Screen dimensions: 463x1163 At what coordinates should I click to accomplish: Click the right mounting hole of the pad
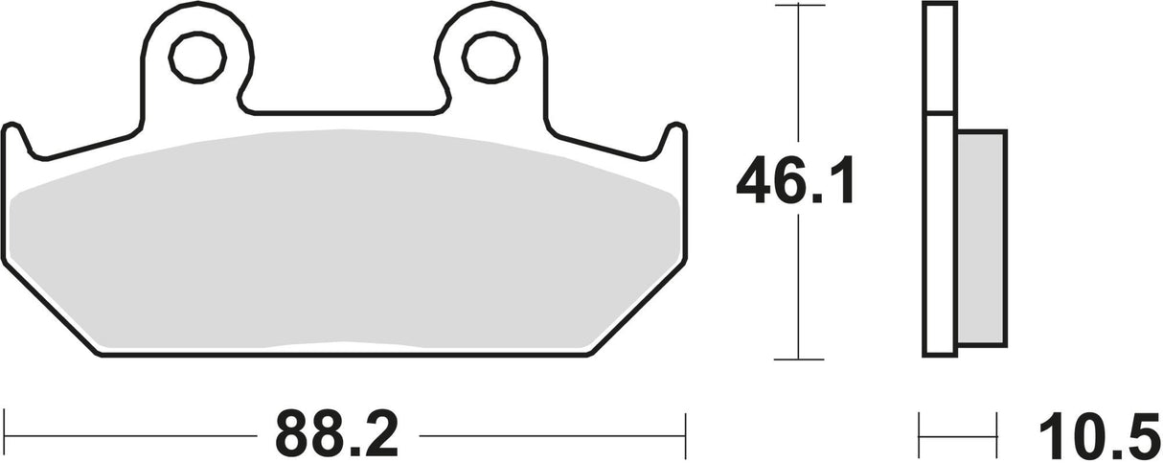[x=487, y=58]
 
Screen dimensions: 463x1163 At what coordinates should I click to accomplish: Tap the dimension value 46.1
[x=794, y=183]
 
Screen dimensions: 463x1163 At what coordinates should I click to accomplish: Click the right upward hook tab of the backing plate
[x=673, y=136]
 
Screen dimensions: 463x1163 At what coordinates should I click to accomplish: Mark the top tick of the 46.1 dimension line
[x=798, y=5]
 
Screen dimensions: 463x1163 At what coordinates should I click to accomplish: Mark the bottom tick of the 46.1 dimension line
[x=798, y=359]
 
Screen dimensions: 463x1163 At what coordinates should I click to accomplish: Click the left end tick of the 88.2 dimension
[x=6, y=421]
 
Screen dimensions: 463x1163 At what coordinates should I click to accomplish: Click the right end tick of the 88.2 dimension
[x=684, y=421]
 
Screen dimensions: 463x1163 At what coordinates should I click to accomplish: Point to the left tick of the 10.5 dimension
[x=921, y=422]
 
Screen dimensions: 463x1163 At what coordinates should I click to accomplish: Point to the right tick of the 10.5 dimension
[x=997, y=422]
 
